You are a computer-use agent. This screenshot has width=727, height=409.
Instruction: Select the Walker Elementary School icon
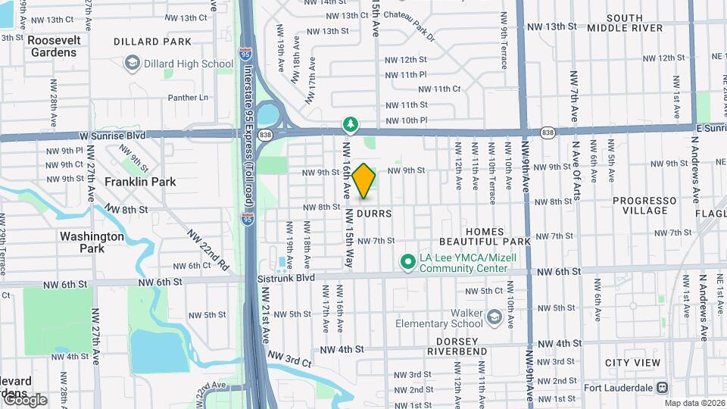(x=495, y=315)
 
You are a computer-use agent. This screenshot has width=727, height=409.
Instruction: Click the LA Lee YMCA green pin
(x=407, y=262)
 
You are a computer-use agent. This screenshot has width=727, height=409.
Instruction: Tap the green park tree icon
(x=350, y=123)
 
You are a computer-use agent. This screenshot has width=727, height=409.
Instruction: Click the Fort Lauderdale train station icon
(x=663, y=387)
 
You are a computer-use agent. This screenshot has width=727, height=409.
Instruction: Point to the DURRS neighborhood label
(x=375, y=214)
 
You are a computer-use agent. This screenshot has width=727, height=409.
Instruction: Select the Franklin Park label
(x=140, y=182)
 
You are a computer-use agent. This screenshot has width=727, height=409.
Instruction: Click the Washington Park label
(x=92, y=242)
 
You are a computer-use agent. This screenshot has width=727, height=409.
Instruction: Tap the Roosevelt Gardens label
(x=53, y=46)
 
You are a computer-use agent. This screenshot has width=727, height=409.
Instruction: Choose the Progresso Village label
(x=644, y=205)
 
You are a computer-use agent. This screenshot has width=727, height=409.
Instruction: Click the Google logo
(x=24, y=400)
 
